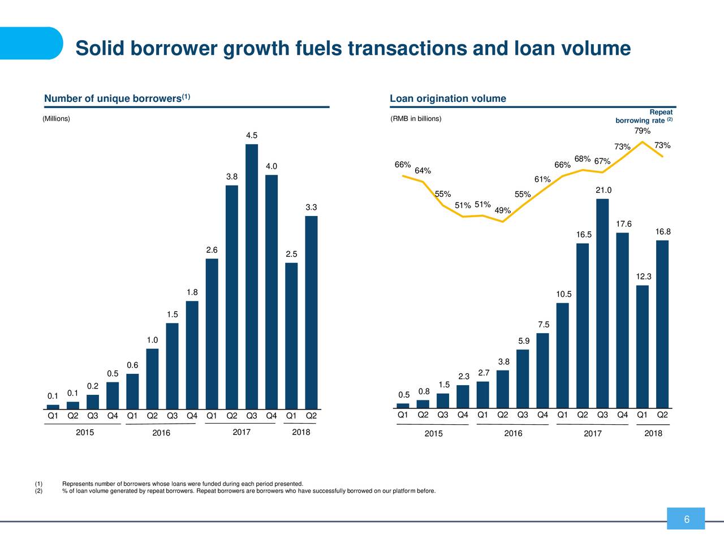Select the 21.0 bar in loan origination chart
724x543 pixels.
point(602,303)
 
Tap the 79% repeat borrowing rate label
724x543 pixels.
point(642,131)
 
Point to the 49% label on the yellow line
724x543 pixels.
point(502,211)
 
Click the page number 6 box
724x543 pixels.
point(686,519)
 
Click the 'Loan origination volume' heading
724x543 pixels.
point(448,99)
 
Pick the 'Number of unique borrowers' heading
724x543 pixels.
point(113,100)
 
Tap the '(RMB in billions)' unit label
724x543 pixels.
point(416,119)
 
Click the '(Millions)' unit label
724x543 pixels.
point(57,119)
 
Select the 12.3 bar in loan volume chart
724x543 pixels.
point(642,346)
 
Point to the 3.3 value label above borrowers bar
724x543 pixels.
point(311,208)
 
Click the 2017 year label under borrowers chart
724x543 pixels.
point(242,433)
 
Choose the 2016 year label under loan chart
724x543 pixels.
point(513,434)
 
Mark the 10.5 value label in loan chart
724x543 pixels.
point(564,294)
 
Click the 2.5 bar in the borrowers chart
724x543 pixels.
point(291,335)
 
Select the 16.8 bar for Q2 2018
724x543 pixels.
point(662,324)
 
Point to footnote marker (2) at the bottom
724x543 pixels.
point(38,491)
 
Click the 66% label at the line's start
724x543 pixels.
point(402,165)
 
